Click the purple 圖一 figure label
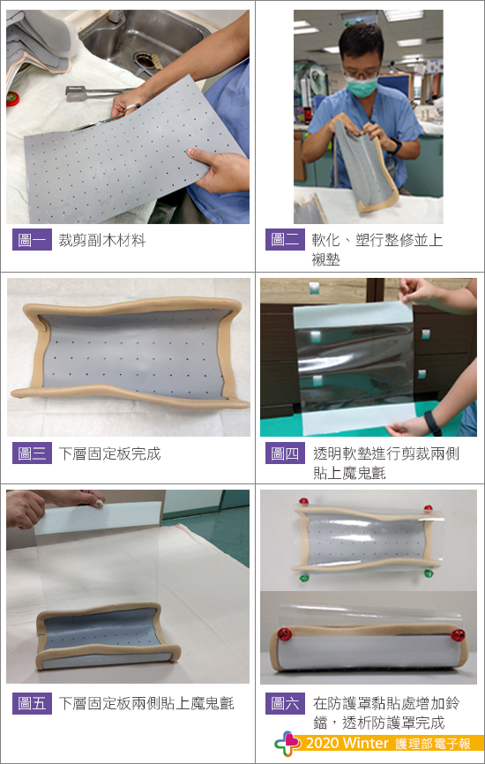click(x=32, y=240)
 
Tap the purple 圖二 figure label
click(x=285, y=240)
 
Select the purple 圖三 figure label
click(x=32, y=453)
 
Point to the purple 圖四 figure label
click(x=285, y=453)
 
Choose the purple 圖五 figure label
click(x=32, y=703)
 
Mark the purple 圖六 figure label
click(x=285, y=703)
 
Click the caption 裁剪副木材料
click(x=101, y=240)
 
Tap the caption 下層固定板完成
click(x=109, y=453)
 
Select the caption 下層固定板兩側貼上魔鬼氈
click(x=146, y=704)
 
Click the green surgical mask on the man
click(x=362, y=86)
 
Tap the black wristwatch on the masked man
click(x=395, y=146)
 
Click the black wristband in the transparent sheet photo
click(x=432, y=423)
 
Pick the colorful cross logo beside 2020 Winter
click(x=287, y=744)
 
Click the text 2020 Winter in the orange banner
click(x=347, y=743)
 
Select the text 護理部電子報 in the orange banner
click(x=433, y=744)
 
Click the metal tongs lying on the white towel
click(x=96, y=93)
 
